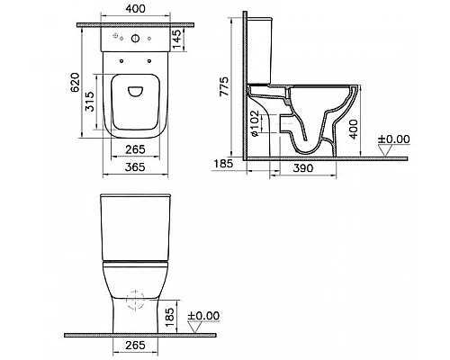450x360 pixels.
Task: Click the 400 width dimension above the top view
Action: click(x=134, y=10)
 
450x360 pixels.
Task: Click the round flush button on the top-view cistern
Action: click(x=134, y=40)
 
